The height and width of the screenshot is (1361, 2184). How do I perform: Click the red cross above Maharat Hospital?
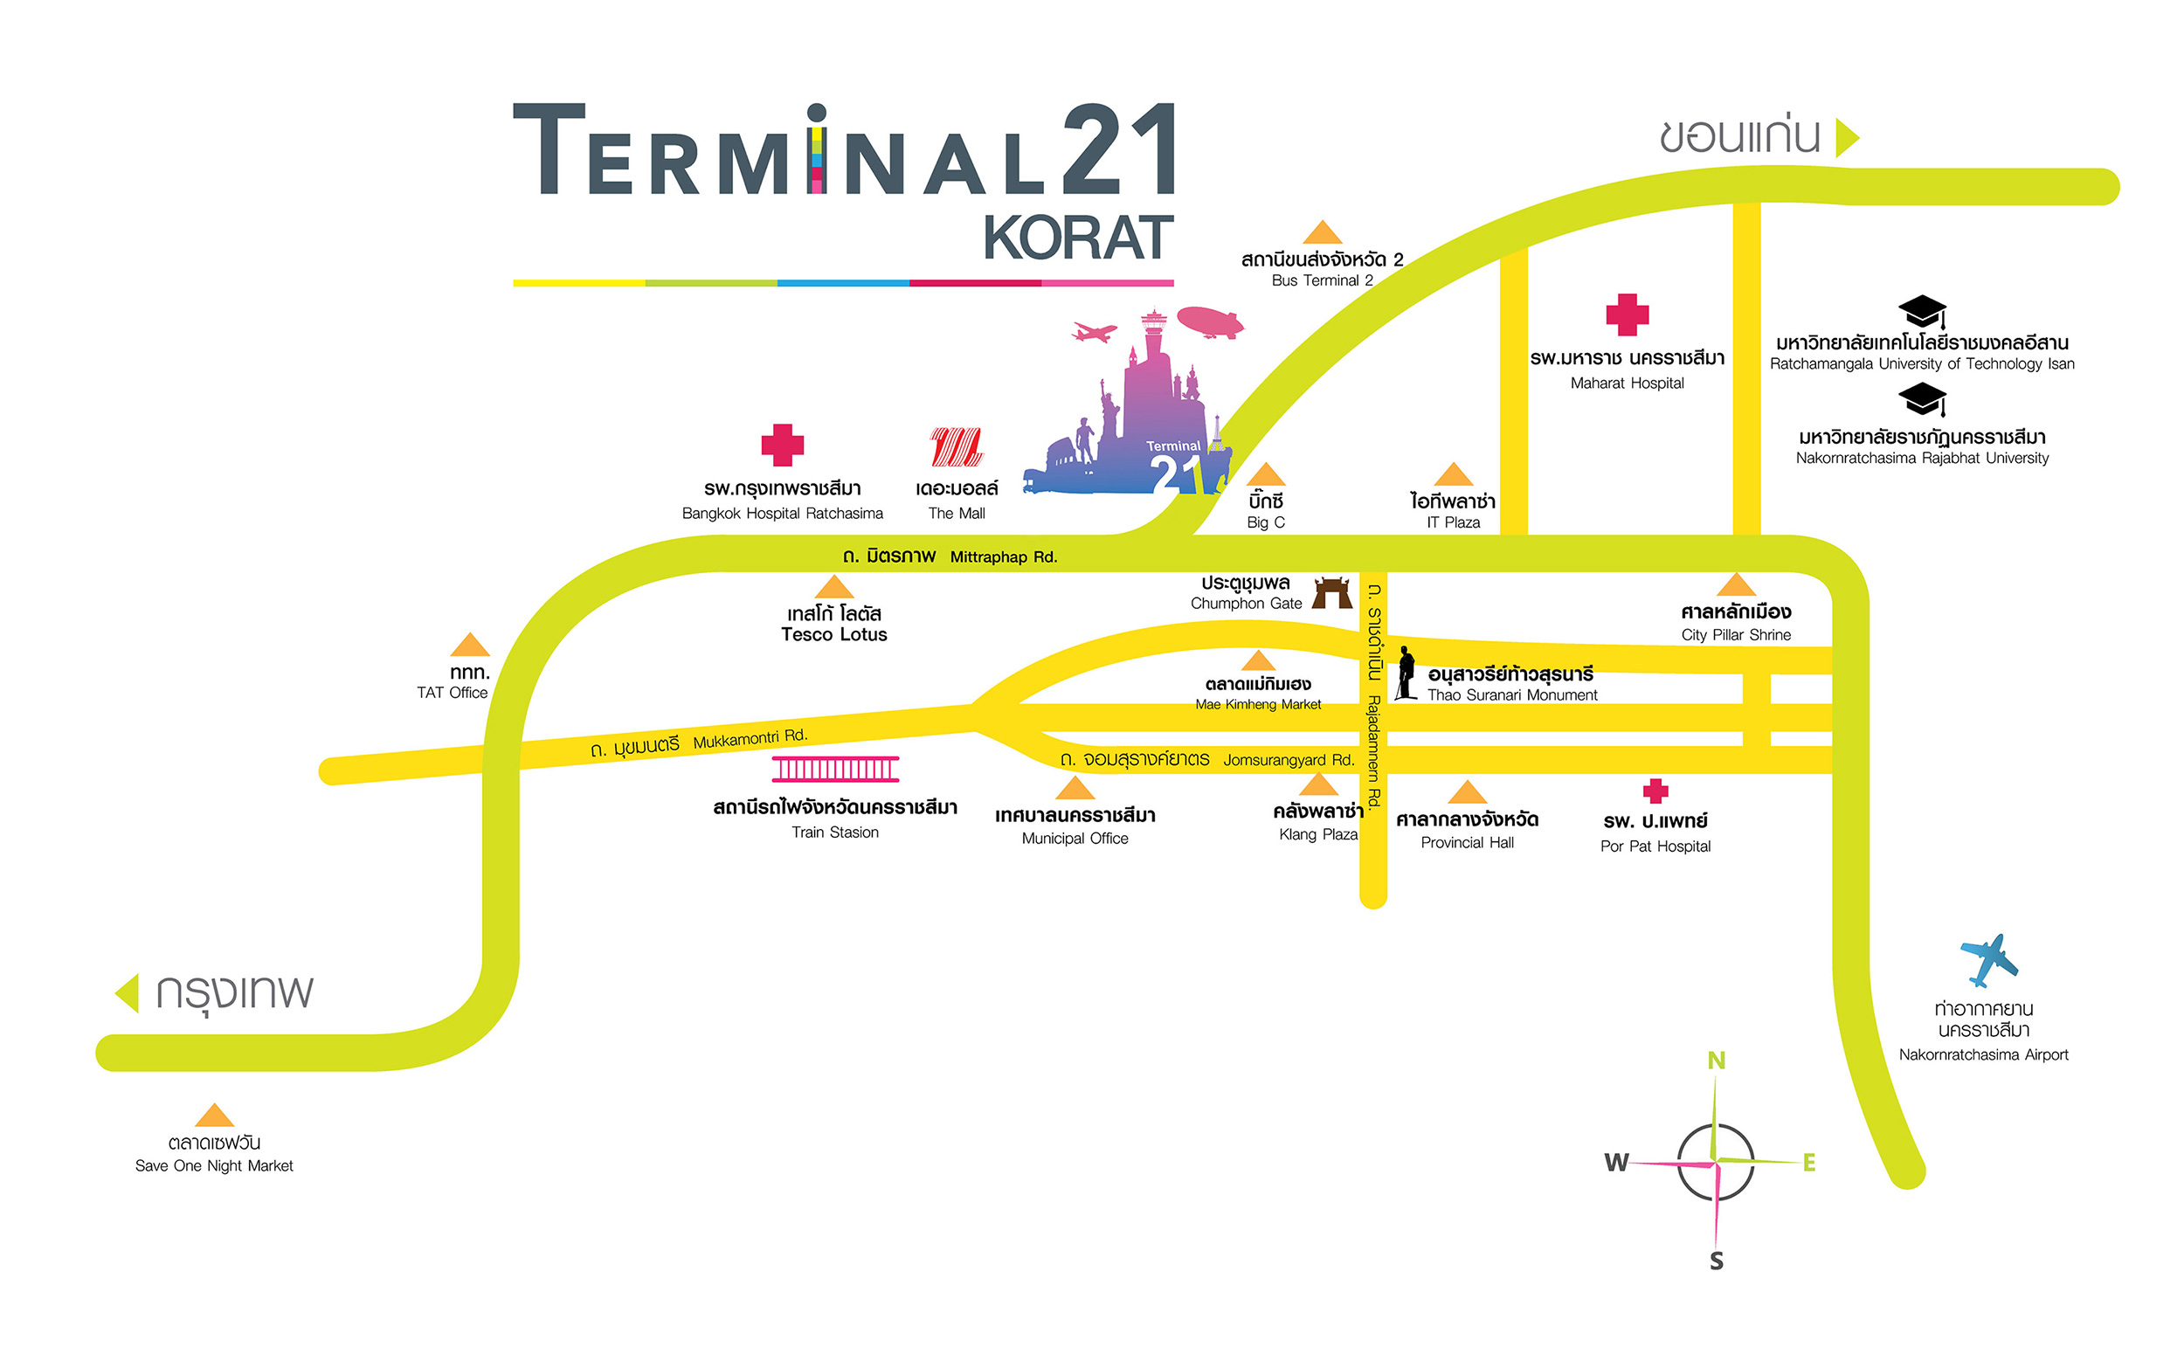[1627, 315]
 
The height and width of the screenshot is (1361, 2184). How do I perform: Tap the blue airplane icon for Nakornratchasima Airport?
[1988, 959]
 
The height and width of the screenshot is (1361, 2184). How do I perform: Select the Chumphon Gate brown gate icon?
[1331, 593]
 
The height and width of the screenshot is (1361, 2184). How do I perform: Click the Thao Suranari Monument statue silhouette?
[1405, 674]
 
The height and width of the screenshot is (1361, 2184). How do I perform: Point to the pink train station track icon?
[834, 769]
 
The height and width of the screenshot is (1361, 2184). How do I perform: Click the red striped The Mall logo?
[956, 446]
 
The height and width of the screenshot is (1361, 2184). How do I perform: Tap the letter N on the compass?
[1716, 1060]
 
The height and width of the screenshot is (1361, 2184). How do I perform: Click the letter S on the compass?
[1716, 1261]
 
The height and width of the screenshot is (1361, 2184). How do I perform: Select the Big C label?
[1265, 522]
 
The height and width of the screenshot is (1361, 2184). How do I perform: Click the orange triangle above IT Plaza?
[1453, 474]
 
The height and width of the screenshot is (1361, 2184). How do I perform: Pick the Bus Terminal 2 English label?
[1322, 280]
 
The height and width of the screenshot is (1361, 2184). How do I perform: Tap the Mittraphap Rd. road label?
[1003, 557]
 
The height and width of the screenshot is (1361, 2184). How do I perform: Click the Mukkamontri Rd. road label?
[749, 739]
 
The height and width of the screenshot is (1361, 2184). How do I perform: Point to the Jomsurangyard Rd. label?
[1288, 760]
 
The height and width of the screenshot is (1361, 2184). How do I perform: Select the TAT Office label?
[452, 692]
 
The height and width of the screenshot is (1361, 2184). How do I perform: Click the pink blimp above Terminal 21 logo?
[1209, 321]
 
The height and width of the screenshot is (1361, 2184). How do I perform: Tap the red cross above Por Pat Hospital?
[1655, 791]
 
